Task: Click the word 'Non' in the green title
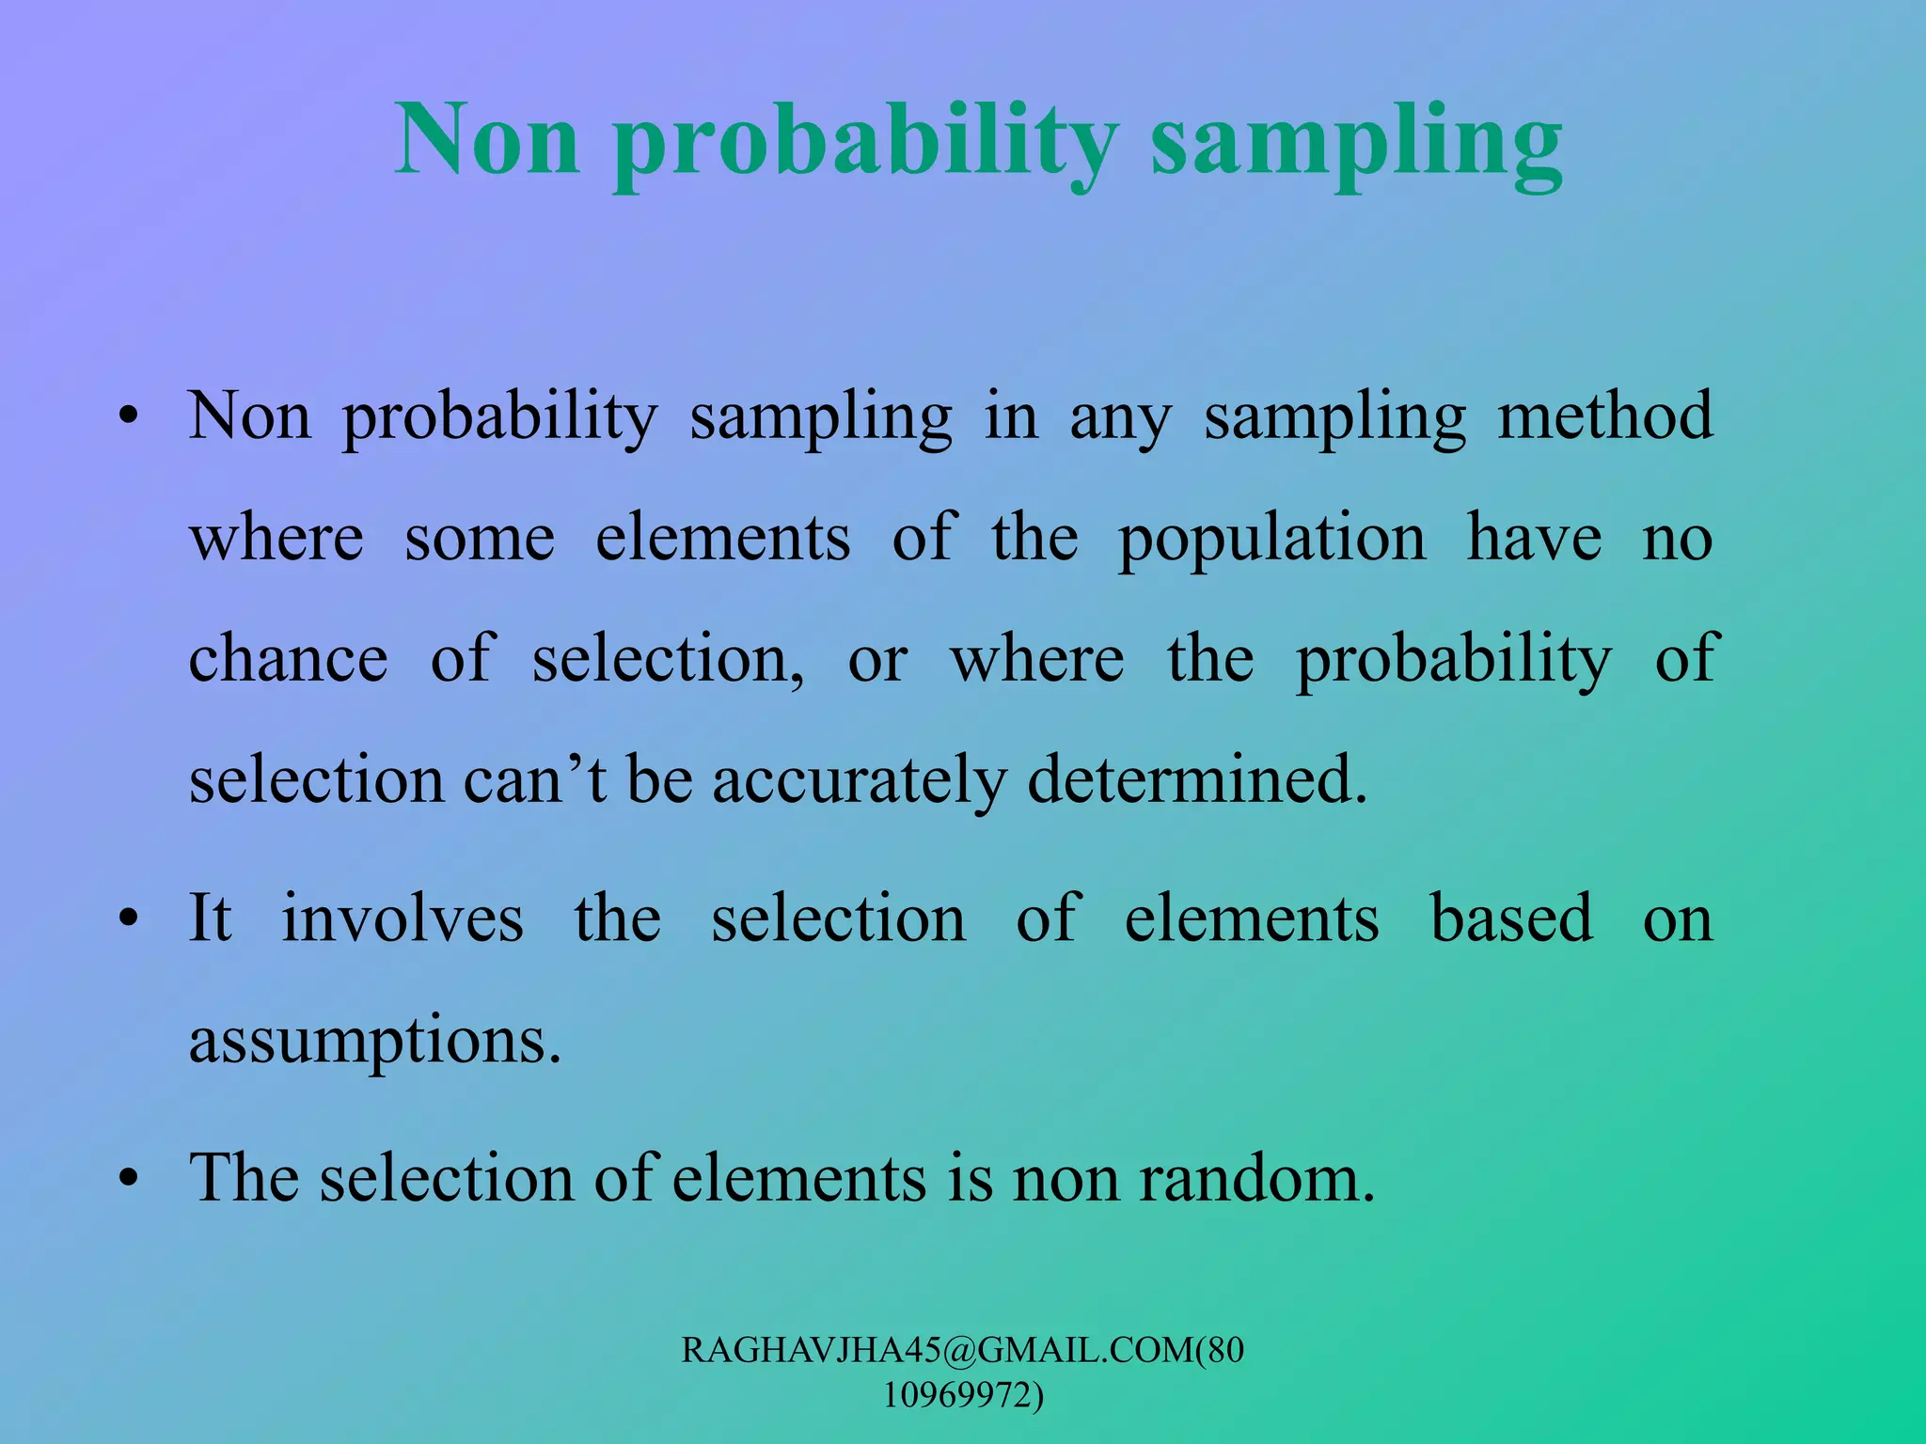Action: (x=487, y=141)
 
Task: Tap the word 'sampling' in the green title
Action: (x=1356, y=146)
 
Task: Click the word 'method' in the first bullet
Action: (x=1604, y=416)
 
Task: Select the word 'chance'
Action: (x=288, y=658)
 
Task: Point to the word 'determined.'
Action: (x=1197, y=779)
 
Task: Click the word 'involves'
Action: (x=403, y=918)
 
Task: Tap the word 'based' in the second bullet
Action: (x=1511, y=918)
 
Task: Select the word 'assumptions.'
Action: (x=375, y=1043)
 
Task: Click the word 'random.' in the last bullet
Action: (x=1257, y=1179)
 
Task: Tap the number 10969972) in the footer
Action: (x=963, y=1395)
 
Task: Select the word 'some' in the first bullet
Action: (x=480, y=540)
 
